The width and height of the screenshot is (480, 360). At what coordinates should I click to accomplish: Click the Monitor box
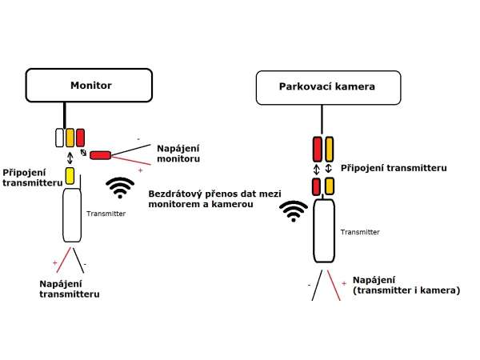[x=89, y=84]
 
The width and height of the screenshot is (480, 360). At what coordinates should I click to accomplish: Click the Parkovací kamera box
[x=326, y=86]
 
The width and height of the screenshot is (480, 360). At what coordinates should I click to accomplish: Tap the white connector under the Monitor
[x=59, y=138]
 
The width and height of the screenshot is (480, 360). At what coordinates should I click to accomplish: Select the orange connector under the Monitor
[x=70, y=138]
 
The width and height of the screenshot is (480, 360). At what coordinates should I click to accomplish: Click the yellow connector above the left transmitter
[x=70, y=174]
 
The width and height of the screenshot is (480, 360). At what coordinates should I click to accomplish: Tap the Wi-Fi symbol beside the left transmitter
[x=121, y=188]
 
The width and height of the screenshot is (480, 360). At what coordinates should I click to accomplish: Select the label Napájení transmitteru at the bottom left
[x=69, y=289]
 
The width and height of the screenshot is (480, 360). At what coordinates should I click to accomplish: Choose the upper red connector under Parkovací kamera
[x=317, y=149]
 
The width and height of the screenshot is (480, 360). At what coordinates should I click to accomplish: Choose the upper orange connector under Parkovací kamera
[x=329, y=149]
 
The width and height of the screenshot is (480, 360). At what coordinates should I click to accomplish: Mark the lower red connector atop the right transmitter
[x=317, y=187]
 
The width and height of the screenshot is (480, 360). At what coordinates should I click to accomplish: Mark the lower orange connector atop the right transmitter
[x=329, y=187]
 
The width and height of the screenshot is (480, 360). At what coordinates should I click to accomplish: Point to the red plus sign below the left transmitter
[x=55, y=262]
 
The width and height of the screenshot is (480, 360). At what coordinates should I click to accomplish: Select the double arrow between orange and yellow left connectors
[x=70, y=157]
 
